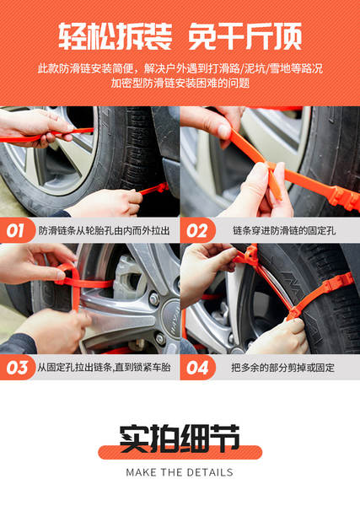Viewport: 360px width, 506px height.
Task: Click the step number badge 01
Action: pyautogui.click(x=17, y=230)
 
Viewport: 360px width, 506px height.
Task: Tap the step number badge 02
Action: pyautogui.click(x=197, y=230)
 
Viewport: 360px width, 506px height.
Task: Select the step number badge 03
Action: pyautogui.click(x=17, y=368)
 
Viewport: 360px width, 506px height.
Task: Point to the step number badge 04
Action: pyautogui.click(x=197, y=368)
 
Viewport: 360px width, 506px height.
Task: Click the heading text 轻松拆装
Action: pyautogui.click(x=116, y=36)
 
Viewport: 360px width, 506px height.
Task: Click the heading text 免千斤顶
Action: pyautogui.click(x=244, y=36)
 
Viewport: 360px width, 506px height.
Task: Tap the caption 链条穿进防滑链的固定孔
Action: pyautogui.click(x=284, y=231)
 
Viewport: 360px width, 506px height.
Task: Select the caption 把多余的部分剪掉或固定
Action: pyautogui.click(x=282, y=368)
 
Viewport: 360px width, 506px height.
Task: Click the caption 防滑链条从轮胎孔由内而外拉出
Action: pyautogui.click(x=105, y=231)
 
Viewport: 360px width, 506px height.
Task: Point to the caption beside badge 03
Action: pyautogui.click(x=105, y=367)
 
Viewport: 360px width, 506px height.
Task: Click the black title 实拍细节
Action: pyautogui.click(x=180, y=439)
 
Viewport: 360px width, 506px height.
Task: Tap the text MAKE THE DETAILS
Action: pyautogui.click(x=180, y=472)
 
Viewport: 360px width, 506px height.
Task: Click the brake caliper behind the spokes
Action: pyautogui.click(x=129, y=277)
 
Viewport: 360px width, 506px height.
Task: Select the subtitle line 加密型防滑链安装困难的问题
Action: pyautogui.click(x=180, y=83)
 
